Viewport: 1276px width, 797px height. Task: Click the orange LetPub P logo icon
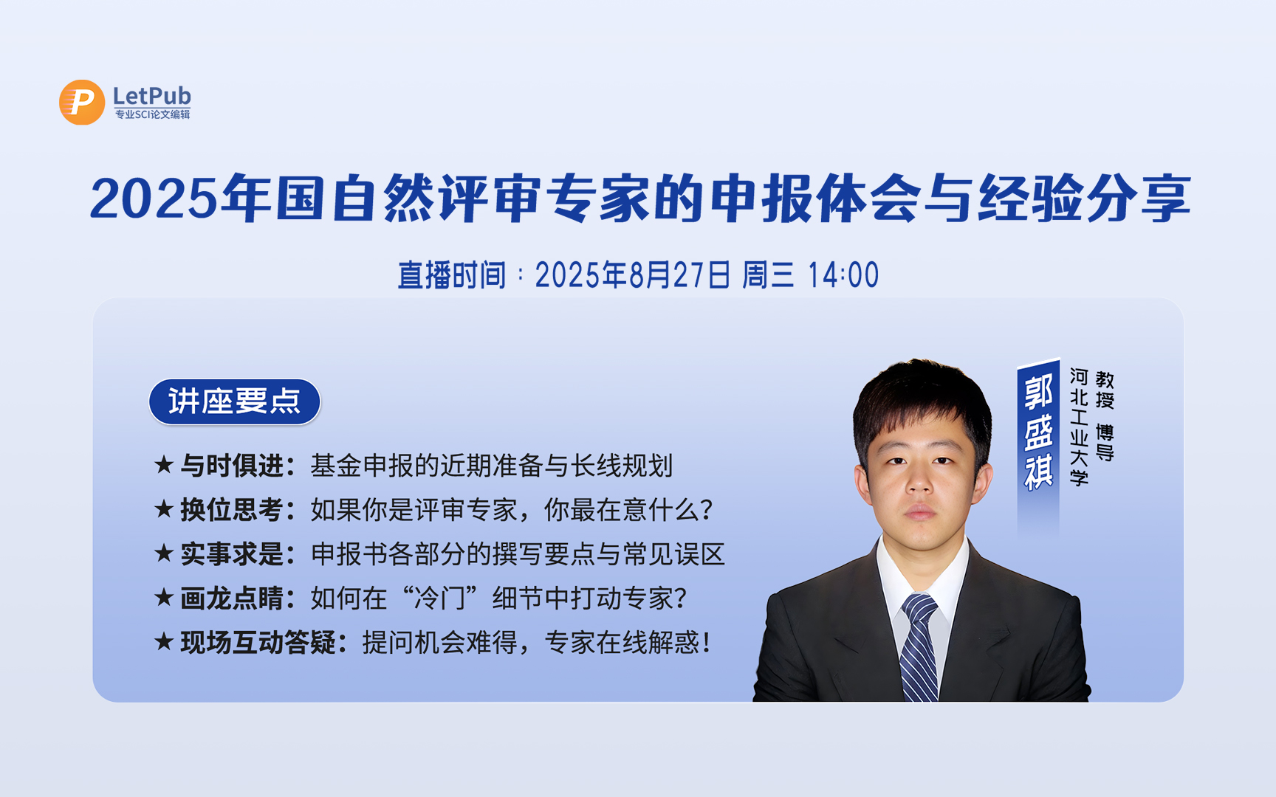point(82,102)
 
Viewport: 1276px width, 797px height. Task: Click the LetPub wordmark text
point(151,96)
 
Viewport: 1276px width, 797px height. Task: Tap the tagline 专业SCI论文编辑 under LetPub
point(152,114)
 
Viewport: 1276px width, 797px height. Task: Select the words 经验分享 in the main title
point(1083,199)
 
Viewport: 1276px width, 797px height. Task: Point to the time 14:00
point(843,275)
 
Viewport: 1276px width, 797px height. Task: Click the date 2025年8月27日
point(633,275)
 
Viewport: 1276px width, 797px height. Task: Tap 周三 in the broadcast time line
point(768,275)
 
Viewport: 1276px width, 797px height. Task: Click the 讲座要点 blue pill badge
point(235,401)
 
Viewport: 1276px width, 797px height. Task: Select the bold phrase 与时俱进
point(232,466)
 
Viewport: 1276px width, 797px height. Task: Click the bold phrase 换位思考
point(232,510)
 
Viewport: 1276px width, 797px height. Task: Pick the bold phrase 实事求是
point(232,554)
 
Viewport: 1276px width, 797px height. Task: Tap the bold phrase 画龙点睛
point(232,598)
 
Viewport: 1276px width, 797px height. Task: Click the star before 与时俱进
point(163,465)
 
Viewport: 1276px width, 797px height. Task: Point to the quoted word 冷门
point(440,598)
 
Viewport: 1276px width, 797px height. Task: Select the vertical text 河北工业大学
point(1079,427)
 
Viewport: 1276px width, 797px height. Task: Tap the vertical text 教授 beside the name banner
point(1105,390)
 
